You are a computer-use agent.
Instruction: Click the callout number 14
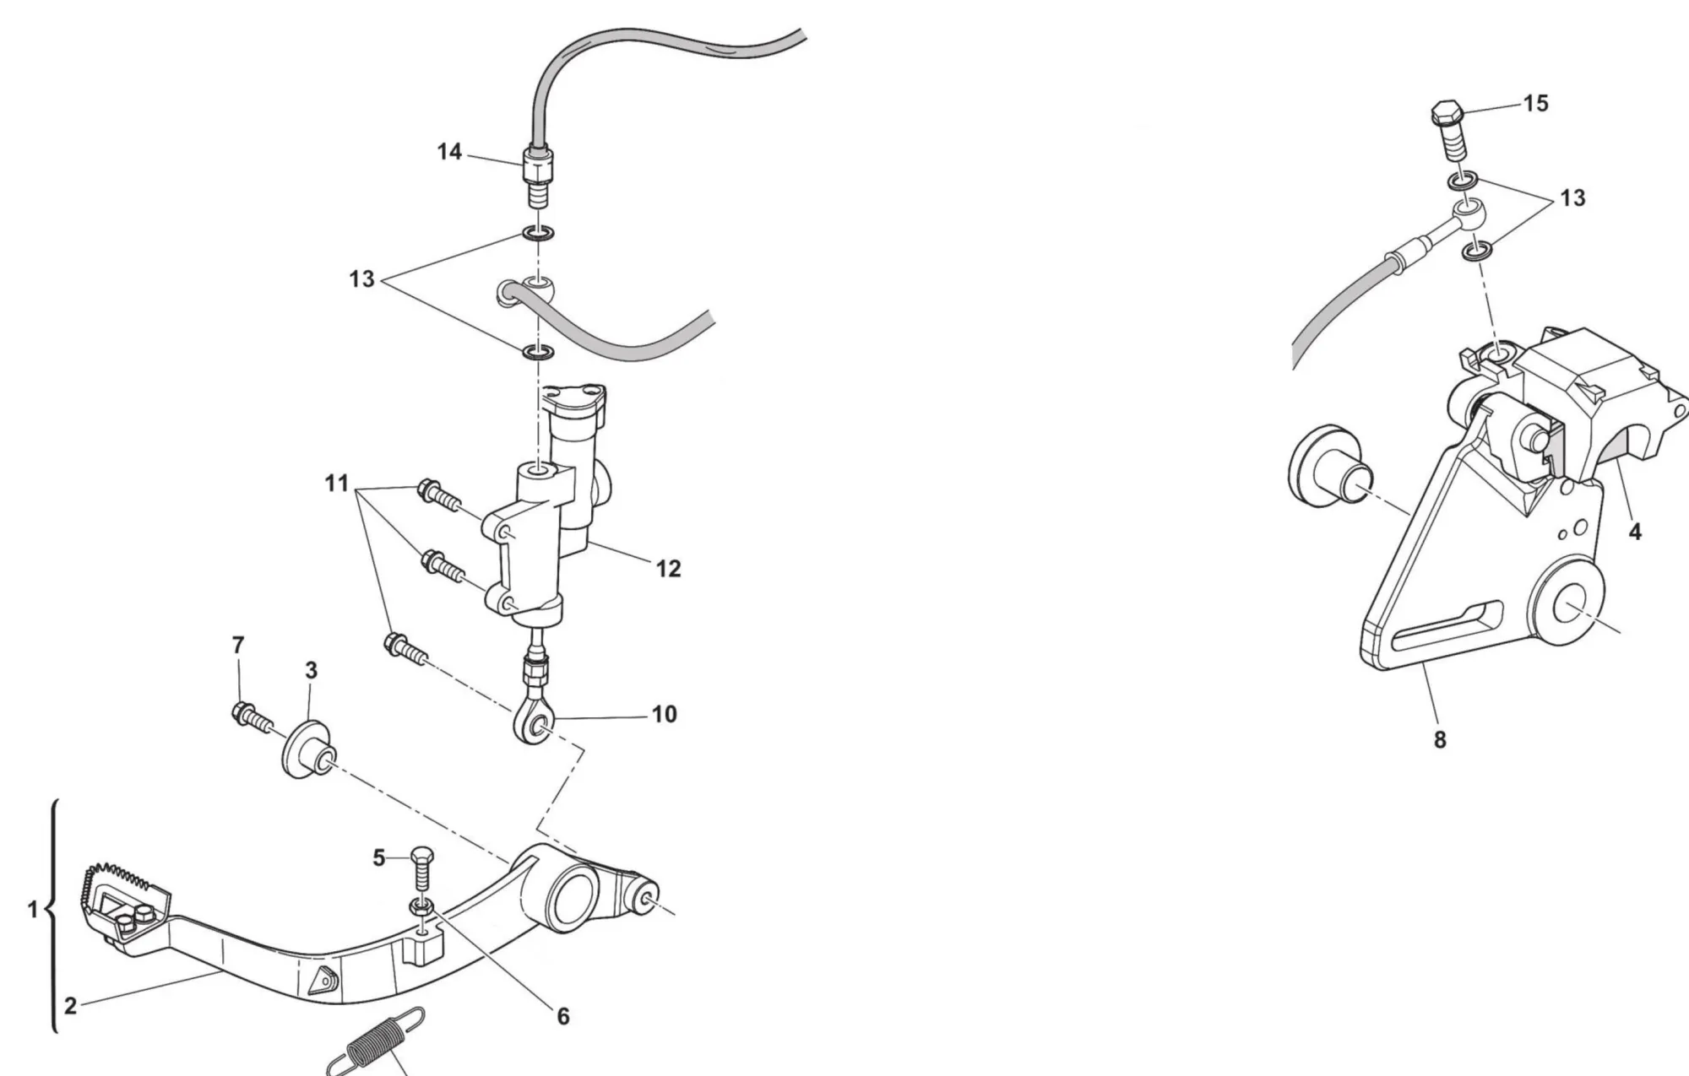click(449, 152)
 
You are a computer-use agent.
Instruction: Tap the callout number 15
click(1535, 103)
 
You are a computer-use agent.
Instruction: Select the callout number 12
click(668, 569)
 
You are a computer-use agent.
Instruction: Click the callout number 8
click(1440, 739)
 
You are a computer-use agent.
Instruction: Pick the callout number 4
click(1635, 533)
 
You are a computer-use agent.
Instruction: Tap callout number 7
click(238, 645)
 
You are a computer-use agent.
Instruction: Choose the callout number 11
click(336, 484)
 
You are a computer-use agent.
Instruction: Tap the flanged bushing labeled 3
click(307, 749)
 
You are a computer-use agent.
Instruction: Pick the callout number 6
click(563, 1016)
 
